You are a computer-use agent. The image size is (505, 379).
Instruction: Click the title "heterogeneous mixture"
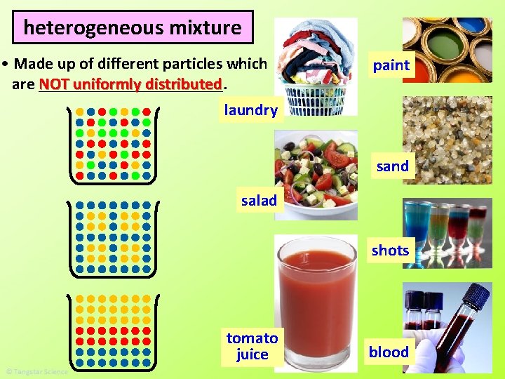click(133, 27)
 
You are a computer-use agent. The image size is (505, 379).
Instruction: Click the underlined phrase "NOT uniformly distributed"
click(130, 84)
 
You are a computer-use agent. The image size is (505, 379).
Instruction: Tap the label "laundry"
click(250, 109)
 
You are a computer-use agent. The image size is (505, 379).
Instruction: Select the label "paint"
click(391, 65)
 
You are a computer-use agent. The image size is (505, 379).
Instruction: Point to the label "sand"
click(392, 166)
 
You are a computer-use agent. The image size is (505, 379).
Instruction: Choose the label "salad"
click(259, 201)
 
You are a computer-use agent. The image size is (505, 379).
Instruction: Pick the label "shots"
click(390, 251)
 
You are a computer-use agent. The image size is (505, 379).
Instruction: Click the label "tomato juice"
click(252, 346)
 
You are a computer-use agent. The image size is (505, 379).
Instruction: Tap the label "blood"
click(389, 352)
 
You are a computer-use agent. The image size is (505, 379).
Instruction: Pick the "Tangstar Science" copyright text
click(36, 371)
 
